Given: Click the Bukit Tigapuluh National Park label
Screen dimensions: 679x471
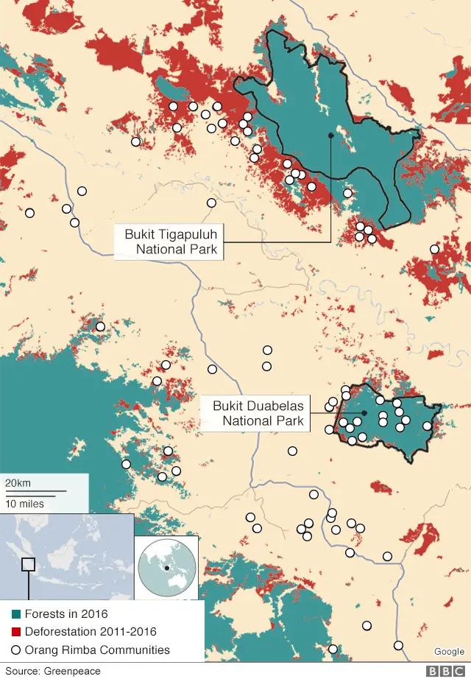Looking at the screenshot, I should click(x=171, y=242).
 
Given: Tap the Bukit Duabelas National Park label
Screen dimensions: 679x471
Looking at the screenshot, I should click(x=258, y=413).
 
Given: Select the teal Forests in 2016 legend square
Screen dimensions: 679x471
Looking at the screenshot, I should click(x=16, y=614).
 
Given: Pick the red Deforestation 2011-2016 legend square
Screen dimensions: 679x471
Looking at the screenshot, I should click(x=16, y=632).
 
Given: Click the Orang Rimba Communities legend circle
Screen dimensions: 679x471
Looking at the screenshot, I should click(x=16, y=650).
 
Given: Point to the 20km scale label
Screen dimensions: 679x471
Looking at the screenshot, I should click(x=18, y=482).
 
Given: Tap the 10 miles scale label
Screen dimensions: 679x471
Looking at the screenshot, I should click(x=24, y=504).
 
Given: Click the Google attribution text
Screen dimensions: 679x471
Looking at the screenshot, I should click(x=448, y=651).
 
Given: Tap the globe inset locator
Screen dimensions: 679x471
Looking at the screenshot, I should click(x=166, y=568).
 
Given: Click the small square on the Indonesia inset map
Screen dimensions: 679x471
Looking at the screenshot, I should click(x=28, y=565).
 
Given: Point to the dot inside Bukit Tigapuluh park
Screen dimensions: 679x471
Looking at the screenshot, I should click(x=331, y=136).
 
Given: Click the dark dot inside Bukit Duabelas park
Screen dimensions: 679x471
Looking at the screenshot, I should click(x=364, y=413).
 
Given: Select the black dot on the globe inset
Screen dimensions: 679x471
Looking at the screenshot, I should click(x=168, y=568).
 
